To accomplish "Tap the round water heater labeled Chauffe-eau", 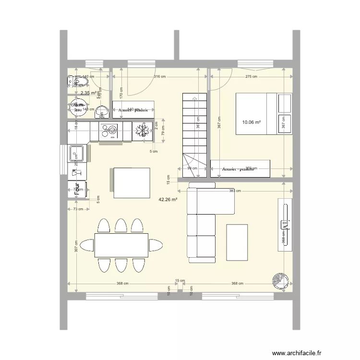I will pyautogui.click(x=78, y=108).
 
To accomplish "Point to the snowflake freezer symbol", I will pyautogui.click(x=142, y=131).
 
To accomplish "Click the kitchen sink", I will pyautogui.click(x=77, y=154).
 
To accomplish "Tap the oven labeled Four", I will pyautogui.click(x=77, y=189).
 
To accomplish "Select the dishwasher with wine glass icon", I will pyautogui.click(x=77, y=170).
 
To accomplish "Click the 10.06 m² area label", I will pyautogui.click(x=252, y=122).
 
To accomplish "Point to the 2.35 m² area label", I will pyautogui.click(x=89, y=93).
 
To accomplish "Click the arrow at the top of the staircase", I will pyautogui.click(x=194, y=98).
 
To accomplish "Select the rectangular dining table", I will pyautogui.click(x=121, y=245).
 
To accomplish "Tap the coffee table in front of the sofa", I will pyautogui.click(x=237, y=242).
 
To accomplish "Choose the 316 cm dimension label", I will pyautogui.click(x=159, y=77).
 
